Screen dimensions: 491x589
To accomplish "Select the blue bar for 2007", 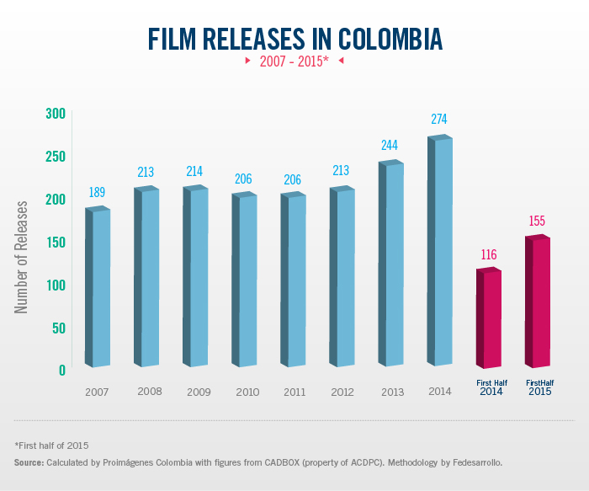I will coord(98,286).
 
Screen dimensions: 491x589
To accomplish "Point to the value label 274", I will coord(439,119).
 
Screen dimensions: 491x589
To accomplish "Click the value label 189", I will coord(97,193).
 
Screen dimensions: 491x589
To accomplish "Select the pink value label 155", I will coord(537,221).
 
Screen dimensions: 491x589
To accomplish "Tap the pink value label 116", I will coord(488,254).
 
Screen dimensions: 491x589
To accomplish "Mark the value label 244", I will coord(390,145).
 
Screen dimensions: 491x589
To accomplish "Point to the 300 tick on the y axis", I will coord(56,113).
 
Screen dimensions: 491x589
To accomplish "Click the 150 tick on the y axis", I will coord(56,242).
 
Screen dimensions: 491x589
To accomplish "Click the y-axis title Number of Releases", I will coord(23,257).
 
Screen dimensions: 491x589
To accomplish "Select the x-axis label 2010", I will coord(247,392).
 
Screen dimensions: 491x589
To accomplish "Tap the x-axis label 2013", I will coord(393,392).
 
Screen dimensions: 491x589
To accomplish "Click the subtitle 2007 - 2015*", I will coord(294,61).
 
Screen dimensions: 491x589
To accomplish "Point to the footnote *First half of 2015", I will coord(51,445).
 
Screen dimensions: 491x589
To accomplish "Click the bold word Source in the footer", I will coord(29,463).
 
